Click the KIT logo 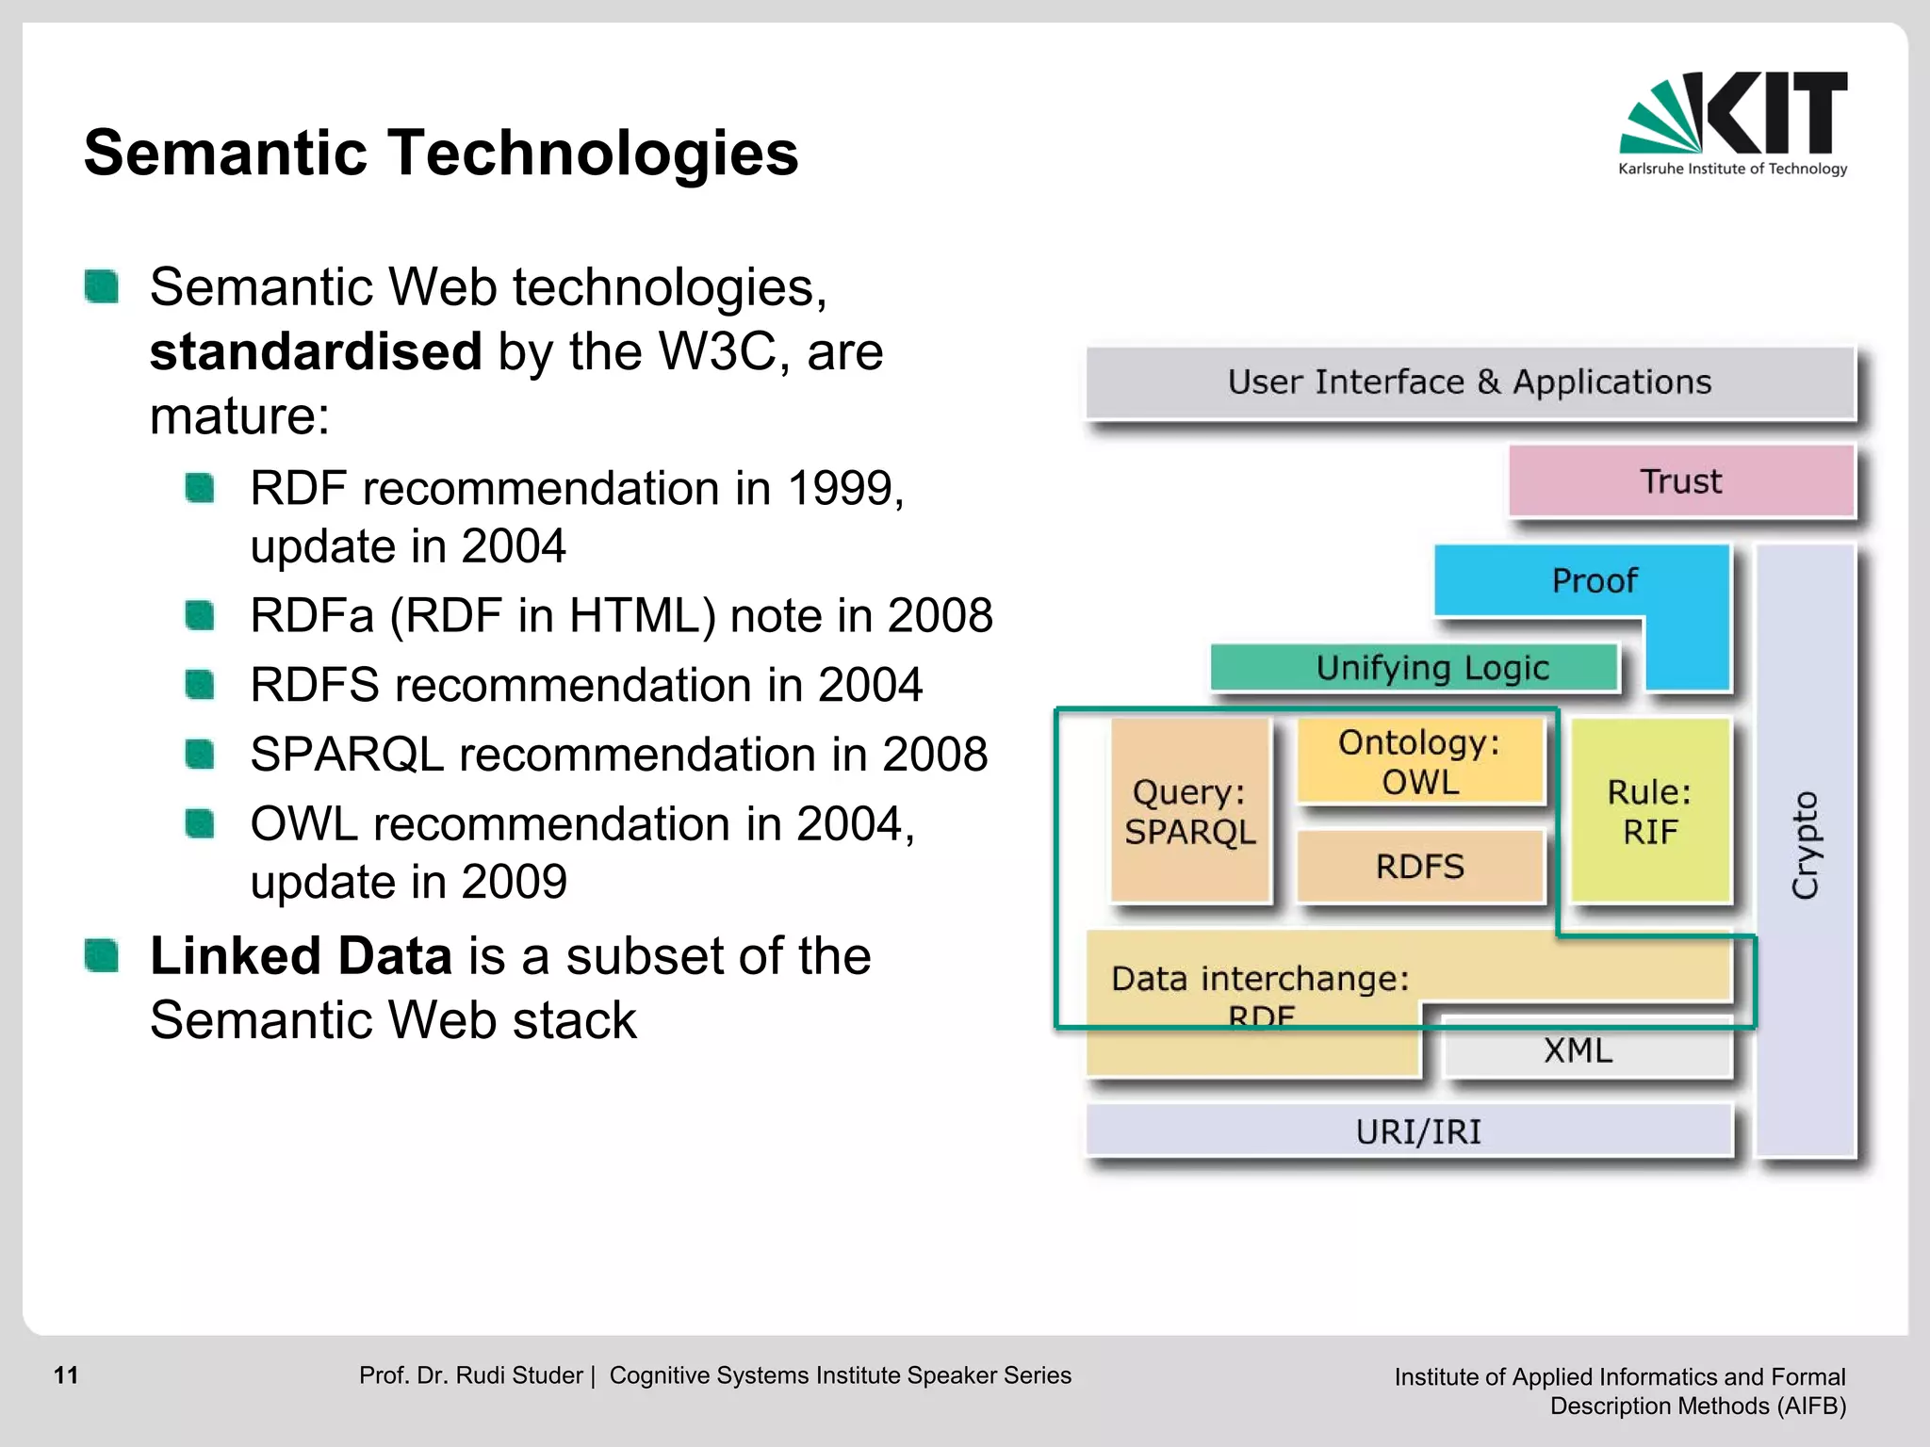pos(1732,122)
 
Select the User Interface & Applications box pos(1469,382)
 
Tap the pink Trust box pos(1680,481)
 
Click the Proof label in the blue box pos(1595,580)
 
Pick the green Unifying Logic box pos(1414,668)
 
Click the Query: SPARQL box pos(1190,811)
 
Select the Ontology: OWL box pos(1419,761)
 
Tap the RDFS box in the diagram pos(1419,866)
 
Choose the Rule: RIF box pos(1650,811)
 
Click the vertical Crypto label pos(1805,845)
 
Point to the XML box pos(1578,1050)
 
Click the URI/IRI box pos(1417,1131)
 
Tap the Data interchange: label pos(1260,979)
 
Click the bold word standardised pos(317,352)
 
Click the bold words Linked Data pos(302,956)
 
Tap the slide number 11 pos(66,1375)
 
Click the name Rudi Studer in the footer pos(519,1375)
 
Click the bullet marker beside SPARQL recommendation pos(200,755)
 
